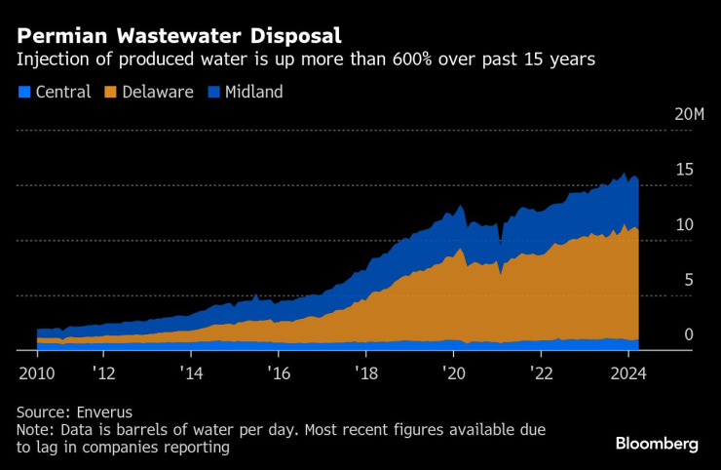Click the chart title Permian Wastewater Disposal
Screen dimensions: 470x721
[178, 36]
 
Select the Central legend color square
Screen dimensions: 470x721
[23, 93]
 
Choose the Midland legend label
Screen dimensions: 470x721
[254, 93]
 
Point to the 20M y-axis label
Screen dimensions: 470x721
[689, 114]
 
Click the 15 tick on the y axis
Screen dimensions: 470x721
[685, 170]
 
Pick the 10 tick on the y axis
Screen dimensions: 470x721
[685, 224]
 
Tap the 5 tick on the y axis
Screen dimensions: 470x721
[688, 280]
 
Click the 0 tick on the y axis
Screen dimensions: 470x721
[688, 334]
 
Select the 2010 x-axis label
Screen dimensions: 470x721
[36, 372]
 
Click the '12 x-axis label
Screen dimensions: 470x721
[106, 372]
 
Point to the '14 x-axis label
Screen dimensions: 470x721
[193, 372]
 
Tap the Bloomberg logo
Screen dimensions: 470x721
[656, 444]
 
